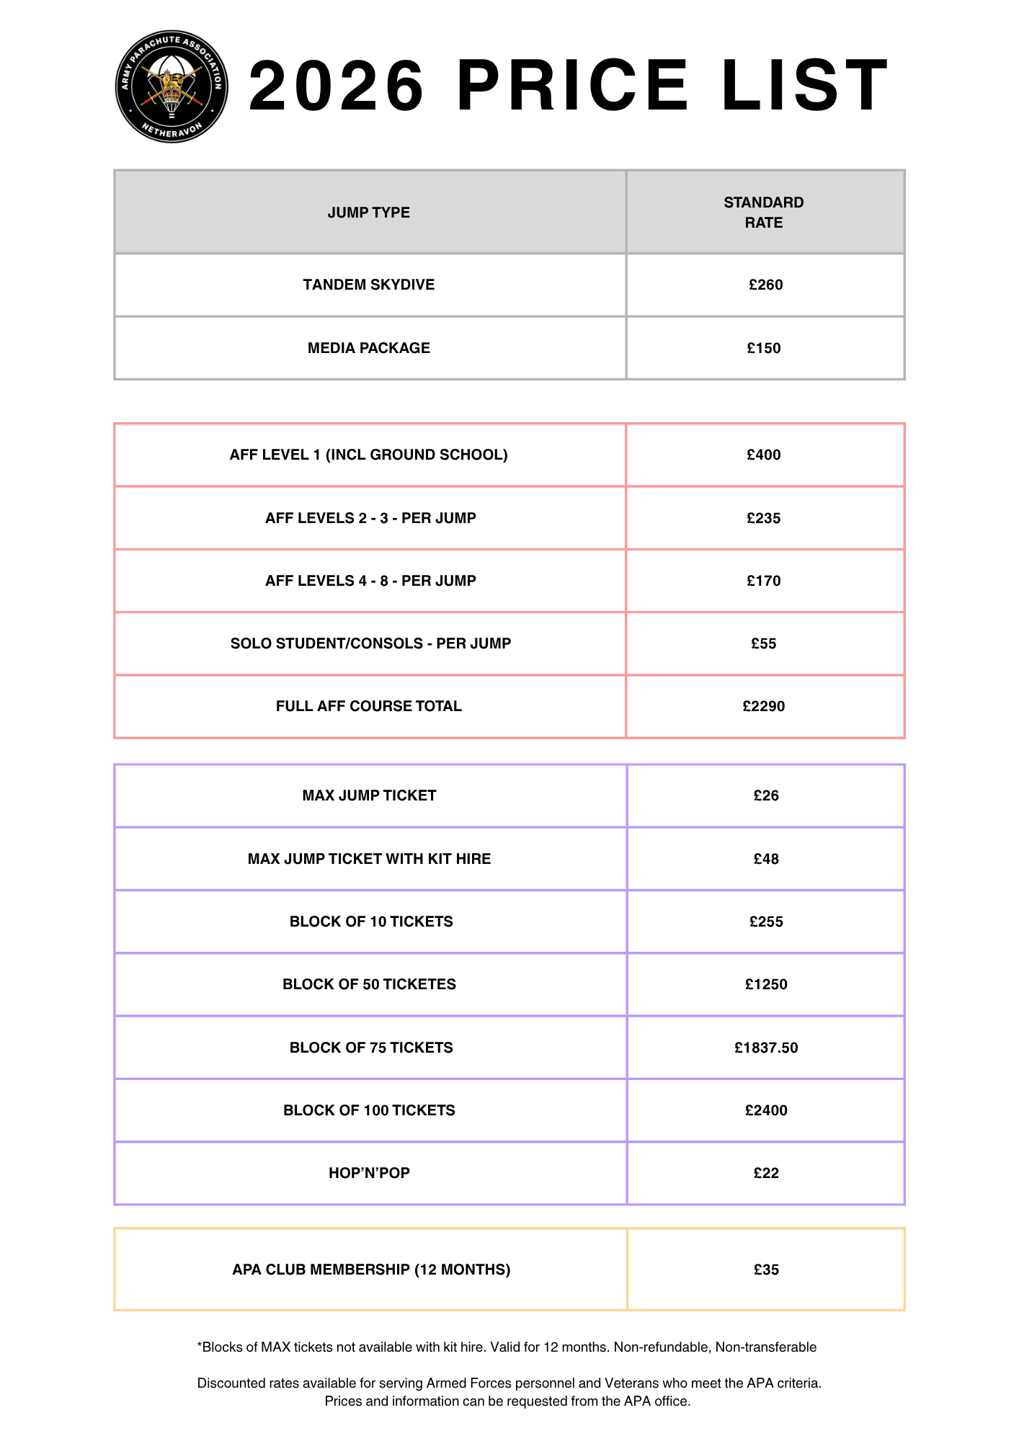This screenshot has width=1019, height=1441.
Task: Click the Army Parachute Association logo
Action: tap(172, 86)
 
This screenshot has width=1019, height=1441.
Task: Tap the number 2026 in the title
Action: tap(336, 86)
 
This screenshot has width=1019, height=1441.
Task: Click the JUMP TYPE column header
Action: tap(368, 213)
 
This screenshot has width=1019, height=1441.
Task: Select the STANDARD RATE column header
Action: tap(764, 213)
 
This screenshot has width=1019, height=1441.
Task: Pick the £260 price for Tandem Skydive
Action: tap(765, 285)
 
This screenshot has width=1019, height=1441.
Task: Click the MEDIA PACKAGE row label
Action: tap(368, 348)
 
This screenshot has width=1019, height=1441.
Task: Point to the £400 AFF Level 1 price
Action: tap(764, 455)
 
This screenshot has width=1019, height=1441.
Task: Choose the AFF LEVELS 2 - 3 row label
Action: tap(370, 518)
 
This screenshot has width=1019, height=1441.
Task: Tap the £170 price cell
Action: tap(764, 581)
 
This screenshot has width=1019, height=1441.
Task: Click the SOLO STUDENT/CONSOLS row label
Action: tap(370, 643)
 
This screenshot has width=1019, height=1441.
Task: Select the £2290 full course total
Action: tap(764, 706)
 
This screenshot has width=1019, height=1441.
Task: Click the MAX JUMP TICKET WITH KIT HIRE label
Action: tap(369, 859)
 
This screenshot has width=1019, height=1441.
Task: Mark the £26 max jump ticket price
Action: tap(766, 795)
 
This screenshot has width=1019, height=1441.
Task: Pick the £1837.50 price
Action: tap(766, 1048)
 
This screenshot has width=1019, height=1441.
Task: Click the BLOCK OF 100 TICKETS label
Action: tap(369, 1110)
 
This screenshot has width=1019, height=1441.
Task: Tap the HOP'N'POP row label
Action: tap(369, 1173)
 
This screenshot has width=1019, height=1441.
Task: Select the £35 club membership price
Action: tap(766, 1270)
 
